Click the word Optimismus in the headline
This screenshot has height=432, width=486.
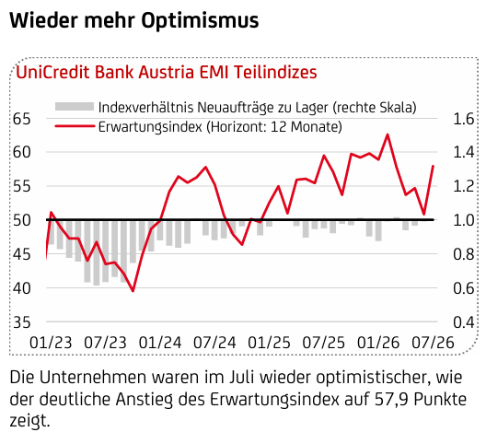click(x=200, y=21)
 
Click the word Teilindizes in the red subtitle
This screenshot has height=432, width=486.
click(x=275, y=73)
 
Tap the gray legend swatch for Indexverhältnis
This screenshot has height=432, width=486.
click(x=75, y=107)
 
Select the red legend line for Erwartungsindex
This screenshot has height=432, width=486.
click(x=75, y=126)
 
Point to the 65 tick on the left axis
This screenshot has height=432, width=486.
click(x=22, y=119)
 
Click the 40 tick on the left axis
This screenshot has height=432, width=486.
click(x=22, y=288)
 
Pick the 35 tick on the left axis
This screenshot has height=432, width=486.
click(x=22, y=322)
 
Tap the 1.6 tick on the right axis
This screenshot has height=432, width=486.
click(x=464, y=119)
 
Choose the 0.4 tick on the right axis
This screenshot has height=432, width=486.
click(x=464, y=322)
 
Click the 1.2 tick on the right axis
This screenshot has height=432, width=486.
click(x=464, y=187)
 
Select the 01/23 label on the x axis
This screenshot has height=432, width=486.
click(x=51, y=343)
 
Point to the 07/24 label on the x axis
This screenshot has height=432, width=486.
click(x=214, y=343)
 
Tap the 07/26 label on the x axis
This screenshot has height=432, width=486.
click(x=433, y=343)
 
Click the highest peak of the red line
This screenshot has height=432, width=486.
click(x=388, y=134)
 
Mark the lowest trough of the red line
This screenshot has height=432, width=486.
click(x=133, y=291)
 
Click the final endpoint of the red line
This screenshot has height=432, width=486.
click(x=433, y=166)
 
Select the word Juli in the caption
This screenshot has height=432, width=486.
click(x=242, y=378)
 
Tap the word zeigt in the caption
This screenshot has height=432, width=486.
click(x=29, y=421)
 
